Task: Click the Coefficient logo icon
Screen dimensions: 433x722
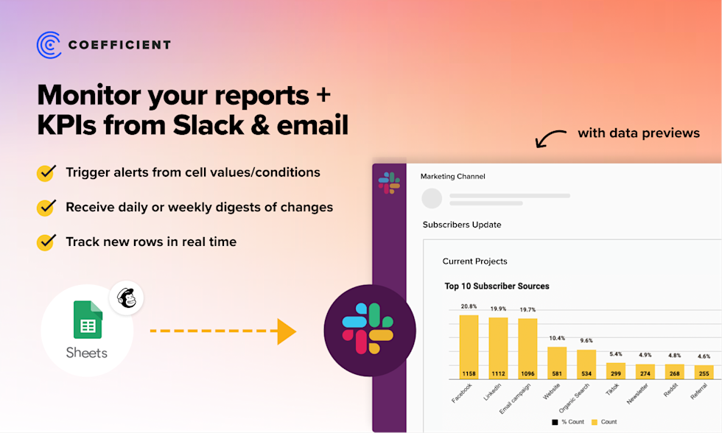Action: pos(49,44)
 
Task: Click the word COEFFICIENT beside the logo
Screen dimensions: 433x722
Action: pos(119,45)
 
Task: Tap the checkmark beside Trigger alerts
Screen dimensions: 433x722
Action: pos(46,173)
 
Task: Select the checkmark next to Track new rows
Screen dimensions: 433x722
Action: pos(46,242)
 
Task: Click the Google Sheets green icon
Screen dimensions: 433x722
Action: pos(87,320)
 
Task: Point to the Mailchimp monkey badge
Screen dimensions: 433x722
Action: pos(126,298)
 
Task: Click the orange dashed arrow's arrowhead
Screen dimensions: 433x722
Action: pos(286,331)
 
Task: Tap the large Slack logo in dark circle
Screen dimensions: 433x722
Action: pos(370,331)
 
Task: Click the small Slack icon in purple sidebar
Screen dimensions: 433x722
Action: pos(389,183)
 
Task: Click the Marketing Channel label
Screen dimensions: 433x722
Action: pos(452,177)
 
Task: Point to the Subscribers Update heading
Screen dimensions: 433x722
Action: pos(462,225)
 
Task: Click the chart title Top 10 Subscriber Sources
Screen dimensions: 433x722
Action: pos(497,286)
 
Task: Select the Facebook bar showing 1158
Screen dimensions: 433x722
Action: pos(469,347)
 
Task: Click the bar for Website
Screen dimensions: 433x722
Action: pos(557,363)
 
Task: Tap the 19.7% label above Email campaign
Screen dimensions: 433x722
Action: pos(528,310)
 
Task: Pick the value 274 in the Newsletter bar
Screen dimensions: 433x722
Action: pos(645,373)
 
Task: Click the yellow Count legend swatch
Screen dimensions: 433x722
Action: pos(594,422)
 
